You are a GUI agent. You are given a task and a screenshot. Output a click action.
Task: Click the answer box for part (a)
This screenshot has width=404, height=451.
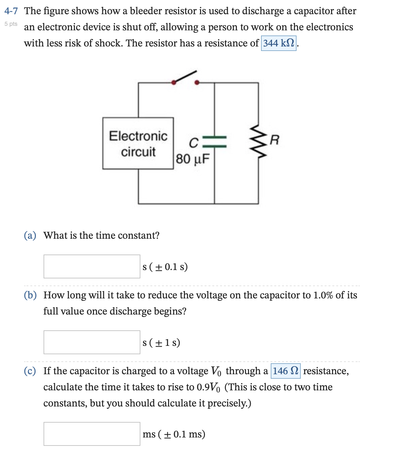click(x=92, y=266)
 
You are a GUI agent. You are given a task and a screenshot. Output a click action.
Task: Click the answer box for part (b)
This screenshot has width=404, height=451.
click(x=92, y=342)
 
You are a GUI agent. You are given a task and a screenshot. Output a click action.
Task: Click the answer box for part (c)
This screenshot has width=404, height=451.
click(x=92, y=434)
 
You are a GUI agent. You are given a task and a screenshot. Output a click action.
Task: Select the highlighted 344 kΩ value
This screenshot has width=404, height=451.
click(x=278, y=43)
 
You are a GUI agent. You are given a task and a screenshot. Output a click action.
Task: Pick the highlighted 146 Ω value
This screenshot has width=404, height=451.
click(x=286, y=371)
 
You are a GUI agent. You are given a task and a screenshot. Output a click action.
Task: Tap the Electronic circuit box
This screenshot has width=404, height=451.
click(x=138, y=144)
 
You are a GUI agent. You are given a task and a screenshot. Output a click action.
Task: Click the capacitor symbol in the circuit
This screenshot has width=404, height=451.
click(x=215, y=142)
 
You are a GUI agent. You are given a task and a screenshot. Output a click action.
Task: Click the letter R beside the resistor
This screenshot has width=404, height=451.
click(x=274, y=140)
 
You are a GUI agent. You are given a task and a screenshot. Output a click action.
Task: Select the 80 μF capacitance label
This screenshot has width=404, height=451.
click(x=193, y=159)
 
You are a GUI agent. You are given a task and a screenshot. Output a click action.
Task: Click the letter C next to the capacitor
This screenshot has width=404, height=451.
click(x=193, y=143)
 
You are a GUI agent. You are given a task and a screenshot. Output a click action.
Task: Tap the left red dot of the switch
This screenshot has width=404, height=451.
click(x=174, y=83)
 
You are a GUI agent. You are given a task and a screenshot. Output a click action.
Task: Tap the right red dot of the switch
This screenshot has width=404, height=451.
click(x=197, y=83)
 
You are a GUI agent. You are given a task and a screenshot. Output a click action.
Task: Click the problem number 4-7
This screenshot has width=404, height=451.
click(x=11, y=11)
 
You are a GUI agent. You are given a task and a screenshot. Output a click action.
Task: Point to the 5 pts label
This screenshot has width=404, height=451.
click(x=11, y=24)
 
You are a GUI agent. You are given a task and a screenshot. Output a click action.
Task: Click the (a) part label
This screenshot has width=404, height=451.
click(x=30, y=236)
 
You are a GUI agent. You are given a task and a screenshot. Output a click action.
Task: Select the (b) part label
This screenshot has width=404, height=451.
click(x=30, y=295)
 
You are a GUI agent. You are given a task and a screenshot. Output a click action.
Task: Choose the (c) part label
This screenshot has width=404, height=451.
click(x=30, y=371)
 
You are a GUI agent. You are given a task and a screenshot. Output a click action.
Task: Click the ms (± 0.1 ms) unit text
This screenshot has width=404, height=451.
click(x=174, y=434)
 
